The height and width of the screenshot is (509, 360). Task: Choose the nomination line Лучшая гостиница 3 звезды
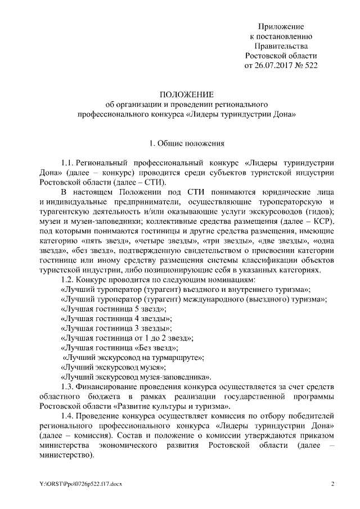pyautogui.click(x=117, y=328)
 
